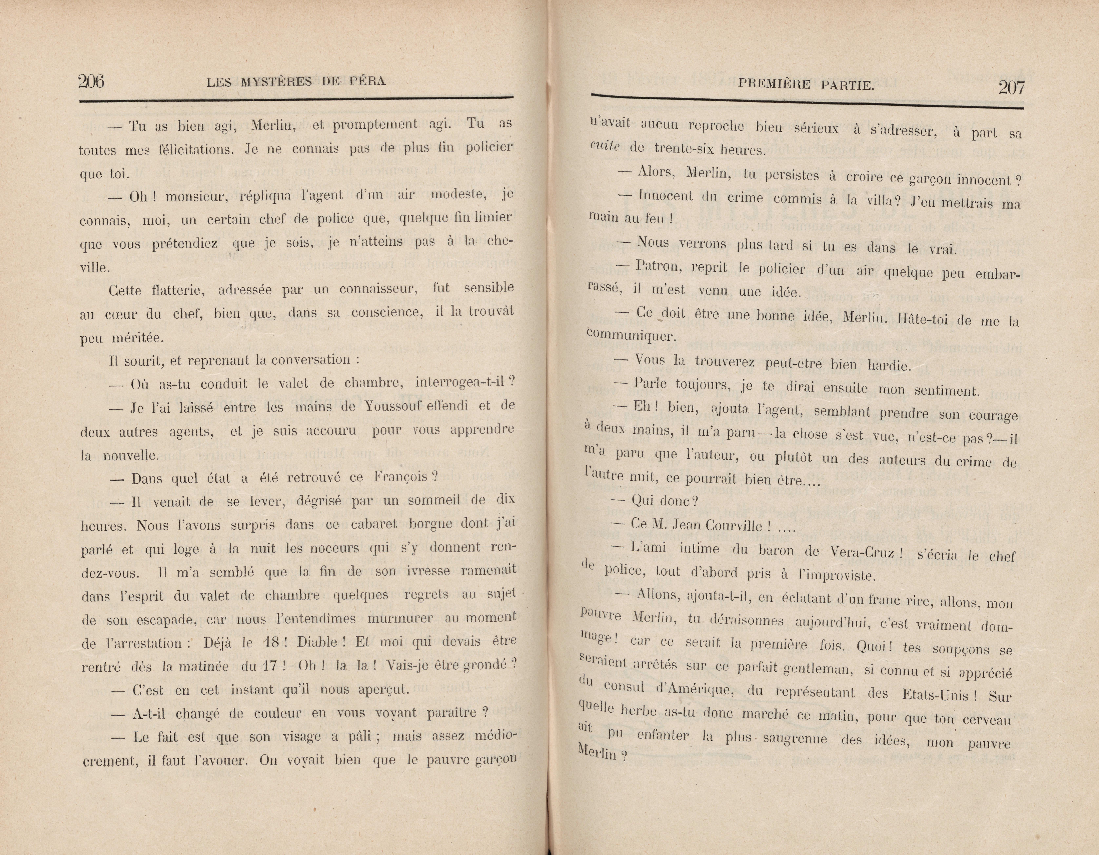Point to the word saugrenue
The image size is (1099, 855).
click(795, 738)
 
